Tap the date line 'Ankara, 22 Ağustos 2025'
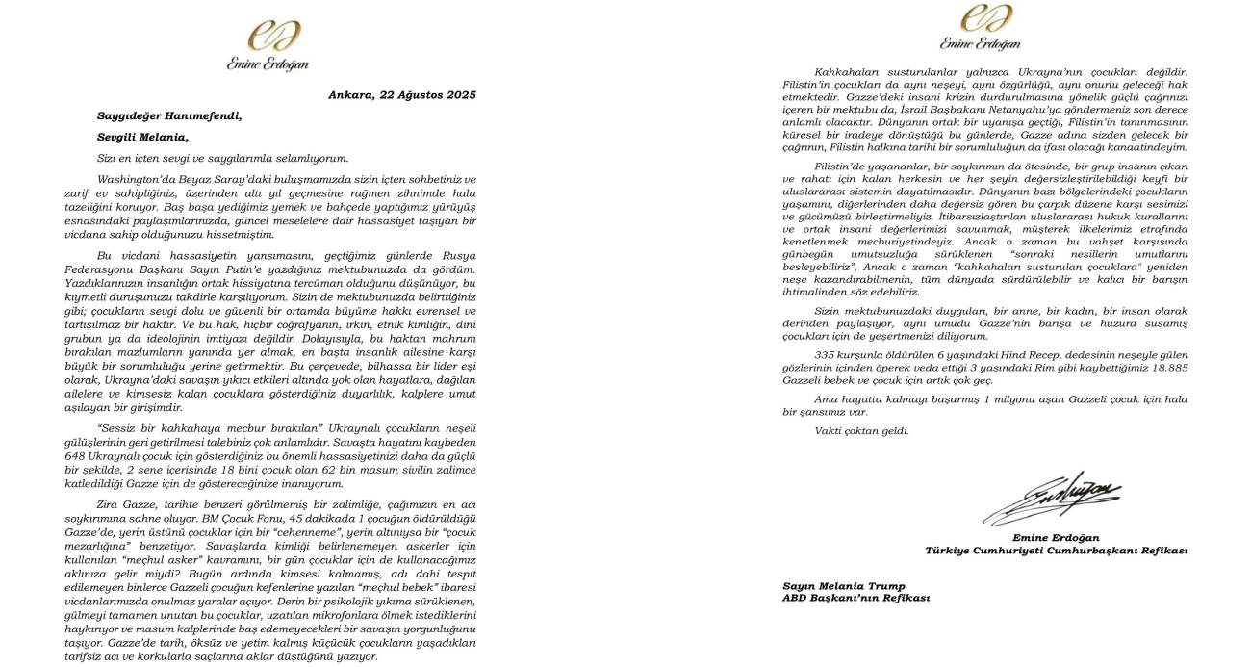(x=401, y=95)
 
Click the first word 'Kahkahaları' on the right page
(x=848, y=72)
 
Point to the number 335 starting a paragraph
(x=825, y=354)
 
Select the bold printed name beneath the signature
(x=1056, y=537)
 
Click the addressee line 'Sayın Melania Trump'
(x=843, y=585)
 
